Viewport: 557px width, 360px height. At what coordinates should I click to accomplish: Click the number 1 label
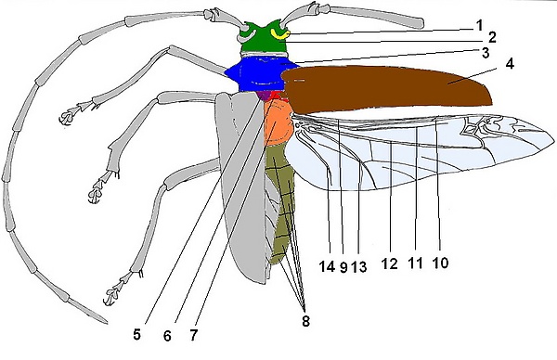tap(479, 25)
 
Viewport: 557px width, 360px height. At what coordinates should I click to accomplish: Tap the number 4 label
tap(510, 63)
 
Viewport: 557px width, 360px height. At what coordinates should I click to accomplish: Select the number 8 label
tap(305, 321)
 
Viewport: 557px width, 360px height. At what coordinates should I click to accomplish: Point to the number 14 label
tap(327, 266)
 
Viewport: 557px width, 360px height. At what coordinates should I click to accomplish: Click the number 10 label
tap(440, 264)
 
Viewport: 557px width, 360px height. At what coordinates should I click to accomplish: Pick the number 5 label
tap(136, 334)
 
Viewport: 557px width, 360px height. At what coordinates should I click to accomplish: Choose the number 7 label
tap(193, 335)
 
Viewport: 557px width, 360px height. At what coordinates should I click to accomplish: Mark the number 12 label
tap(389, 264)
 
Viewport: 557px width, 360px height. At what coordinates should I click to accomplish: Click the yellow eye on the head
tap(280, 34)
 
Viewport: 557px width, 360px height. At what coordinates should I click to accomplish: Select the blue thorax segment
tap(261, 74)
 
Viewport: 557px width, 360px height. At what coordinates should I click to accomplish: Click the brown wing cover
tap(387, 87)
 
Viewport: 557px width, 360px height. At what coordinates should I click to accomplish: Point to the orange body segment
tap(278, 122)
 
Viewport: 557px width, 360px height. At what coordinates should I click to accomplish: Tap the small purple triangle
tap(264, 96)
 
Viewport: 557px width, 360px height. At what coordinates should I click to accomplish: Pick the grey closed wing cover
tap(241, 185)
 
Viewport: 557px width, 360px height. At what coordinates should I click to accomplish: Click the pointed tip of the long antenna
tap(107, 323)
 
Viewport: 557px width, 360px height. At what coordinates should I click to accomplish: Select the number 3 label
tap(486, 53)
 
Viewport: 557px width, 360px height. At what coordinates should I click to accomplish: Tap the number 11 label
tap(415, 264)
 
